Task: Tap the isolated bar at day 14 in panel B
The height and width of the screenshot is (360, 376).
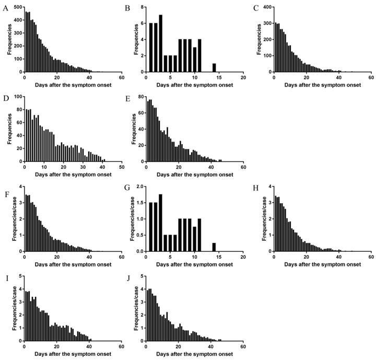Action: click(x=214, y=67)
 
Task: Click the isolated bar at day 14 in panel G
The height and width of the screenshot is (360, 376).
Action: click(x=214, y=247)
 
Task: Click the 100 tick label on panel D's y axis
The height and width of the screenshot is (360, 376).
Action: click(x=17, y=97)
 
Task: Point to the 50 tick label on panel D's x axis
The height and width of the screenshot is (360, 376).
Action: click(x=121, y=167)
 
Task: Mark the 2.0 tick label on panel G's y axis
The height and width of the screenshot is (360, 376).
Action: click(x=139, y=187)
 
